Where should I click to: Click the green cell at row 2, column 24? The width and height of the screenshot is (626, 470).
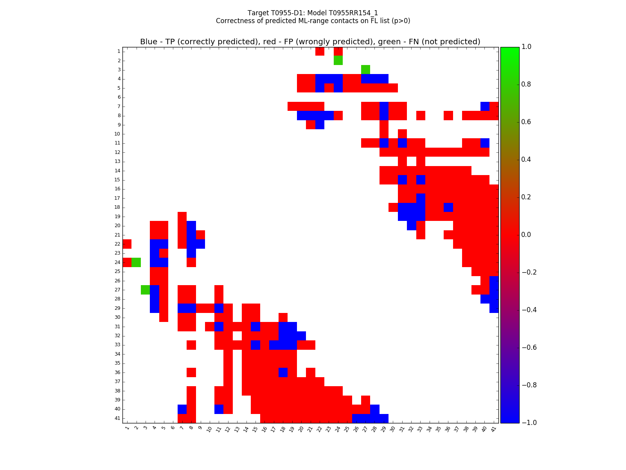pos(338,60)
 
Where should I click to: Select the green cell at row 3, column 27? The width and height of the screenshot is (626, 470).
pos(365,70)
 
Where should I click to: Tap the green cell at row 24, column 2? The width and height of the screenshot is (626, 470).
pos(136,262)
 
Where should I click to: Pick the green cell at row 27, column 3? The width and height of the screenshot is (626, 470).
pos(145,290)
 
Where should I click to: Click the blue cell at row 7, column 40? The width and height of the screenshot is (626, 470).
pos(485,106)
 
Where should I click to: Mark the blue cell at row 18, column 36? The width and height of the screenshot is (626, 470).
pos(448,207)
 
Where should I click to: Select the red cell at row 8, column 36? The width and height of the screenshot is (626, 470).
pos(448,116)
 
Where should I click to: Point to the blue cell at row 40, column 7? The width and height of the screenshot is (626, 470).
pos(182,409)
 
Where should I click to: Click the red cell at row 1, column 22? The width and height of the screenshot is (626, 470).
pos(320,51)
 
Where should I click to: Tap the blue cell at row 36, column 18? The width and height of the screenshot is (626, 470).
pos(283,372)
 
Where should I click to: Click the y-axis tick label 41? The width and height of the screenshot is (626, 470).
pos(117,418)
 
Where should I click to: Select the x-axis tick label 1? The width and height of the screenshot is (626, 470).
pos(127,428)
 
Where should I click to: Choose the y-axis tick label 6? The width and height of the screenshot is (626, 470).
pos(119,97)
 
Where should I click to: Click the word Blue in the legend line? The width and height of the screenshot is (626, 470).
pos(149,42)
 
